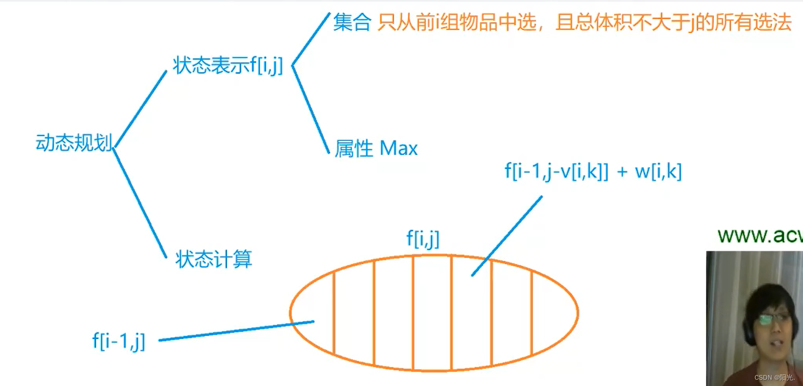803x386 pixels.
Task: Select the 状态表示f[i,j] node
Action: pyautogui.click(x=228, y=66)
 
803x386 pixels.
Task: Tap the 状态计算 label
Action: pyautogui.click(x=214, y=259)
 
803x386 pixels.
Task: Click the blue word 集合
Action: pyautogui.click(x=352, y=23)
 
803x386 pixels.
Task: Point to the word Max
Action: pyautogui.click(x=399, y=149)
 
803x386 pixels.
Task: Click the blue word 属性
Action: pyautogui.click(x=354, y=149)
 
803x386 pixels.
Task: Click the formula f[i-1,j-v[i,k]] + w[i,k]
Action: pyautogui.click(x=593, y=172)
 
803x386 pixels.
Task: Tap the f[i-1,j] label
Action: pyautogui.click(x=119, y=341)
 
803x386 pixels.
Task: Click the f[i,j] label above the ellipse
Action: pyautogui.click(x=423, y=239)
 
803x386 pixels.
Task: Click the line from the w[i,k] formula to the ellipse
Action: pyautogui.click(x=507, y=235)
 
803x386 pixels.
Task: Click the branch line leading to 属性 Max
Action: pyautogui.click(x=310, y=109)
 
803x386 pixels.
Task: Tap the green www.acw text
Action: pyautogui.click(x=759, y=236)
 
